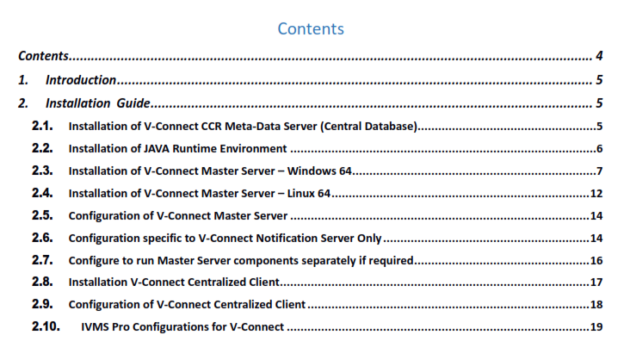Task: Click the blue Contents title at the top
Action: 311,28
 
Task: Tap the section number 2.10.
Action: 46,326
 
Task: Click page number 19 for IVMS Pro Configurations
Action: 596,327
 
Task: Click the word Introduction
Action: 81,80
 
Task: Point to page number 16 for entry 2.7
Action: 596,260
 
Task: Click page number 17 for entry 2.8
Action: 596,282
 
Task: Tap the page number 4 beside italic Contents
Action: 598,57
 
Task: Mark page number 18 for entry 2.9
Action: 596,305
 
